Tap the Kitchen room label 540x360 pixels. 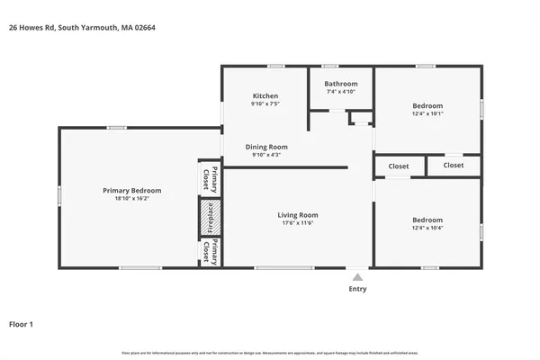coord(265,96)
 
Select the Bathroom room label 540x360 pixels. coord(341,84)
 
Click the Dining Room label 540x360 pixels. coord(266,147)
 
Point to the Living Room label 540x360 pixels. coord(297,215)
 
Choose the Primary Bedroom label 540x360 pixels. coord(131,191)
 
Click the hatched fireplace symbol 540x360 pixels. coord(206,218)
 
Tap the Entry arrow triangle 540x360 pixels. coord(357,277)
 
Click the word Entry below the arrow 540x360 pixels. coord(357,289)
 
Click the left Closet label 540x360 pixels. coord(398,166)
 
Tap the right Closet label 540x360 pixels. coord(454,166)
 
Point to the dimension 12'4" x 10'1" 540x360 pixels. coord(427,113)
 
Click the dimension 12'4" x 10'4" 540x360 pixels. coord(427,228)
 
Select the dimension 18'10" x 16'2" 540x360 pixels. coord(131,199)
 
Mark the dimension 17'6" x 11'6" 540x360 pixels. coord(297,223)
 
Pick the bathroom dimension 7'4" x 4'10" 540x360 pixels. coord(341,92)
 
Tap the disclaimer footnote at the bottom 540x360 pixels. coord(270,352)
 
